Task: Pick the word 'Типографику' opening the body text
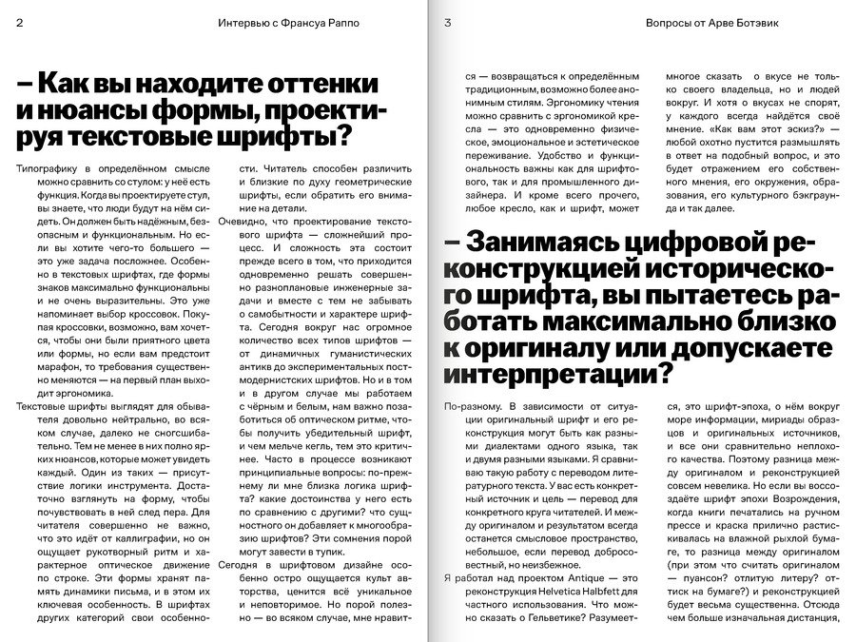[49, 166]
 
